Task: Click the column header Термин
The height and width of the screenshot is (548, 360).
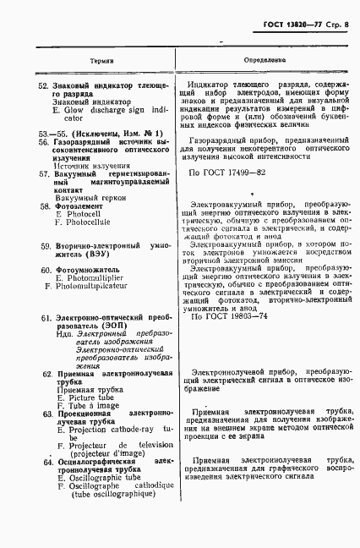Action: pos(102,63)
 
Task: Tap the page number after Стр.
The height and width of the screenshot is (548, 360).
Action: pos(346,14)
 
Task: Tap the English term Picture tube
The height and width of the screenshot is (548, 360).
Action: pos(85,397)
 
